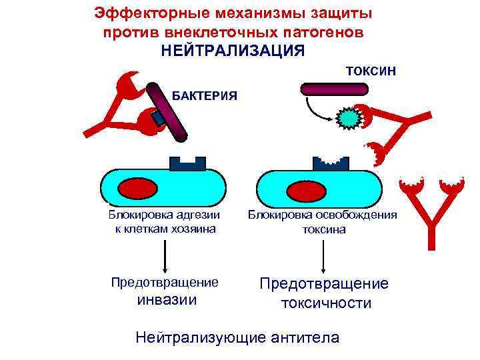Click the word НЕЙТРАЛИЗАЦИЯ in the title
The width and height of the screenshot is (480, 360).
233,51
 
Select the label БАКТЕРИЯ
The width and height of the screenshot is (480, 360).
205,95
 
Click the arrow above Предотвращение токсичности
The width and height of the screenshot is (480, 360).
323,255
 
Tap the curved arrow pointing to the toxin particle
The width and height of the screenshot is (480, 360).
317,111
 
